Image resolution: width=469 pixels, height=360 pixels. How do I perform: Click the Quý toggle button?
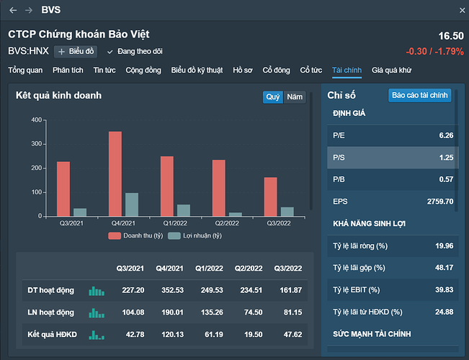[273, 96]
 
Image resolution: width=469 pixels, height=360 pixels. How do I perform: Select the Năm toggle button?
[295, 96]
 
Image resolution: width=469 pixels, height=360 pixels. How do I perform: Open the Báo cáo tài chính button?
[419, 95]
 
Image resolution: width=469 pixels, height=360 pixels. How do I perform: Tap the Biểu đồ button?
[76, 51]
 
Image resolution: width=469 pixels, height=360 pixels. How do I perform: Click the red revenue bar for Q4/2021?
[115, 174]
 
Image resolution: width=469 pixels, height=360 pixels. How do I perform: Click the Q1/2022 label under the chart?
[174, 222]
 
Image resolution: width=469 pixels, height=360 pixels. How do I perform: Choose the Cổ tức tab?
[311, 70]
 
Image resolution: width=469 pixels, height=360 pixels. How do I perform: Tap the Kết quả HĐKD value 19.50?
[249, 335]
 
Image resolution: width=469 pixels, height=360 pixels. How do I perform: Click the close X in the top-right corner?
[462, 10]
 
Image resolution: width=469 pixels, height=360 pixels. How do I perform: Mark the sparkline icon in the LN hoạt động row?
[97, 313]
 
